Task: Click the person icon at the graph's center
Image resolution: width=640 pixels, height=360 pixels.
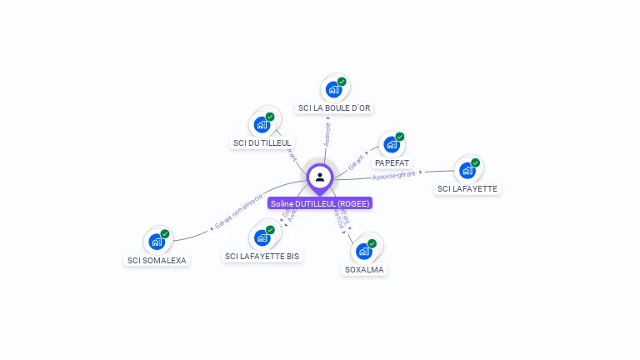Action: coord(320,177)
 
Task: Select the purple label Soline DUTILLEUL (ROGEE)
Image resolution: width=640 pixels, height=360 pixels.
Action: coord(320,203)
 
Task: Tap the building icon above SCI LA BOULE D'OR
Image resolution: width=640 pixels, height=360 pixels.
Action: coord(334,89)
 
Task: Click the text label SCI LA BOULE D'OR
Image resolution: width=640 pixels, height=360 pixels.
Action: coord(334,108)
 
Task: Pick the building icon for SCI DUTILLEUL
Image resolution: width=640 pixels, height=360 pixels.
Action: coord(262,125)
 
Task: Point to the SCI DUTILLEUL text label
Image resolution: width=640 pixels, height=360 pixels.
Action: coord(262,143)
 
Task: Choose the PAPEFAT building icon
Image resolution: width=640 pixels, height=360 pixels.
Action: coord(392,145)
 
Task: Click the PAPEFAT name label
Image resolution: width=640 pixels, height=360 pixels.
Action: coord(392,163)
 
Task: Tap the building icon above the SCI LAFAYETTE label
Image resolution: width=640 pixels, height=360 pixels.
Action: coord(467,170)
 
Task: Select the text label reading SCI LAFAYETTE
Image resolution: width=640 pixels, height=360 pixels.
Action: coord(467,189)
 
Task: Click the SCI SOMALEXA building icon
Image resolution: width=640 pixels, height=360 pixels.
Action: coord(157,242)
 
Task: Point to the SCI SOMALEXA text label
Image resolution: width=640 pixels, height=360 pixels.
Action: coord(157,261)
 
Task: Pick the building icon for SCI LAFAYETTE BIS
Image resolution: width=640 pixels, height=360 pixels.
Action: coord(262,237)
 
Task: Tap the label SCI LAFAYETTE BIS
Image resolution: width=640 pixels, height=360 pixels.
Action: coord(262,257)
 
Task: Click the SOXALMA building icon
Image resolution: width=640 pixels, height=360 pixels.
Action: coord(364,251)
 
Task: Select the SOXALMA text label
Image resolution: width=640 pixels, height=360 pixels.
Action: coord(364,270)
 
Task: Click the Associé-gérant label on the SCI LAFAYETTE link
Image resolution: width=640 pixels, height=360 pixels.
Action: coord(393,175)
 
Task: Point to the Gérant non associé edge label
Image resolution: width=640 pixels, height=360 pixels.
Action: coord(238,212)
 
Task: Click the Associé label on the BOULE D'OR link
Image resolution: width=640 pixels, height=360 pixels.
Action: coord(327,133)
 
